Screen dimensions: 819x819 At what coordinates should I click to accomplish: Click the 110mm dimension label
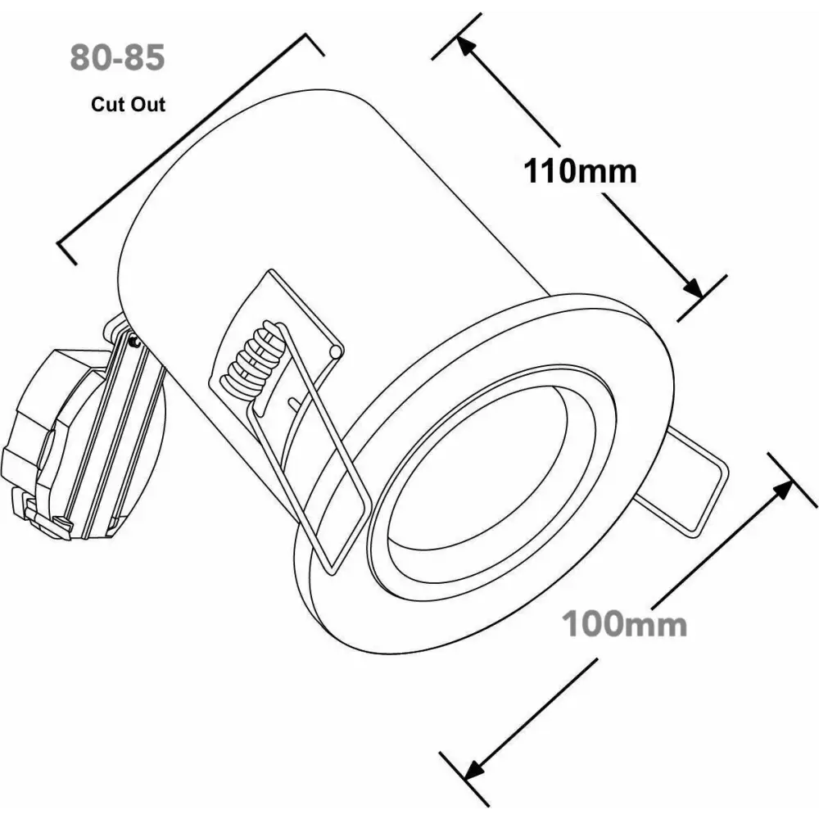580,171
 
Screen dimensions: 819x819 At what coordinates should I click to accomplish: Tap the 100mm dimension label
624,623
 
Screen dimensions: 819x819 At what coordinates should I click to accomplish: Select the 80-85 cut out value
117,57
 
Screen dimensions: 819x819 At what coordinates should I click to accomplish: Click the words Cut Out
128,105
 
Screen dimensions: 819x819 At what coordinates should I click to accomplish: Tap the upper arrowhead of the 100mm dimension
781,491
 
